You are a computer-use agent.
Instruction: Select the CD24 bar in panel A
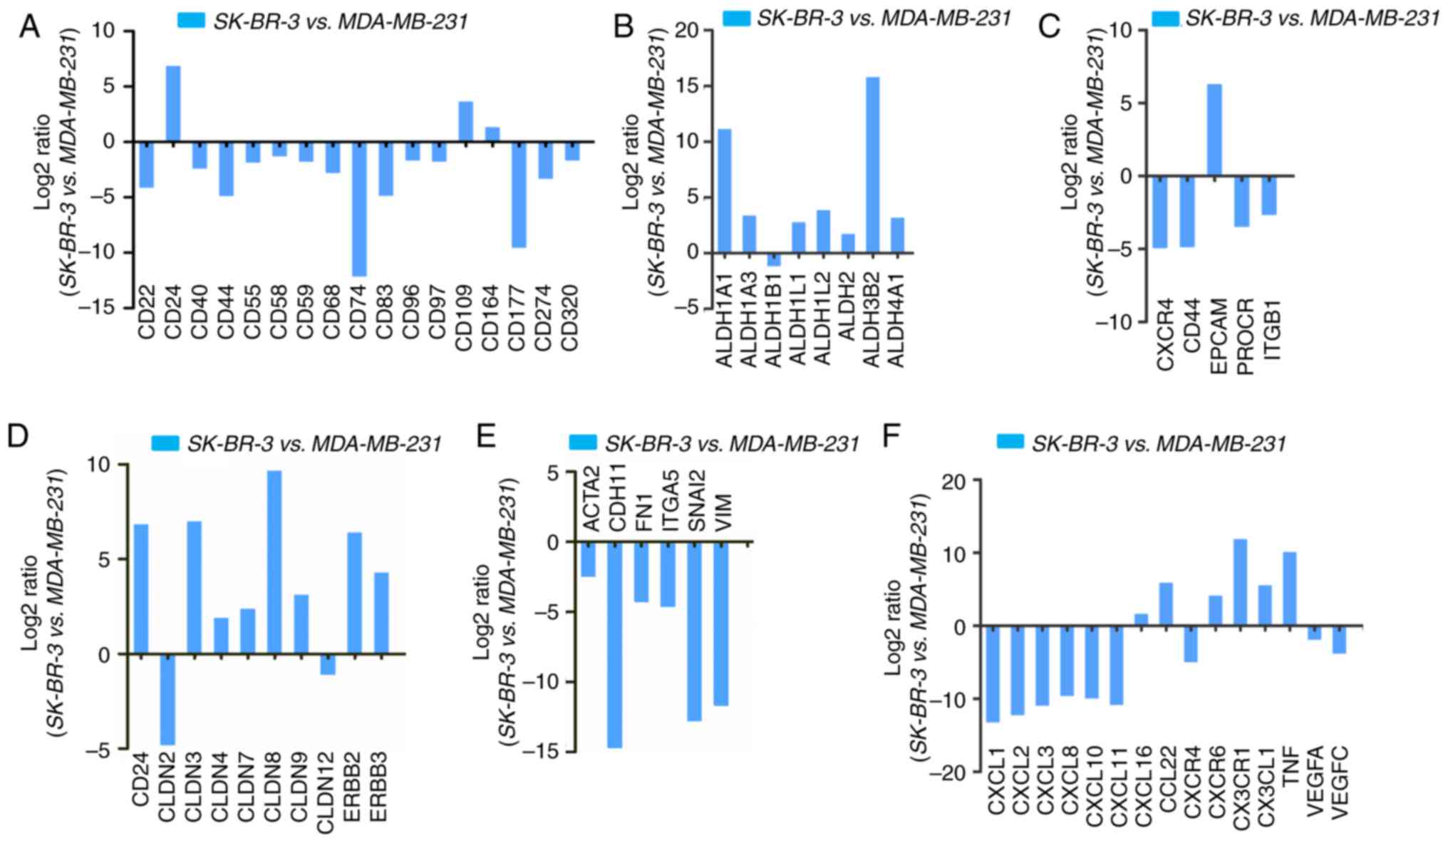click(x=173, y=104)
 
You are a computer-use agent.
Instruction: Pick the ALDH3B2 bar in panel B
click(x=872, y=165)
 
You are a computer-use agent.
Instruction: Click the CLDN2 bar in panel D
click(x=167, y=699)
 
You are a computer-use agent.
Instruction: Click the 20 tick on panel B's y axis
click(x=695, y=31)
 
